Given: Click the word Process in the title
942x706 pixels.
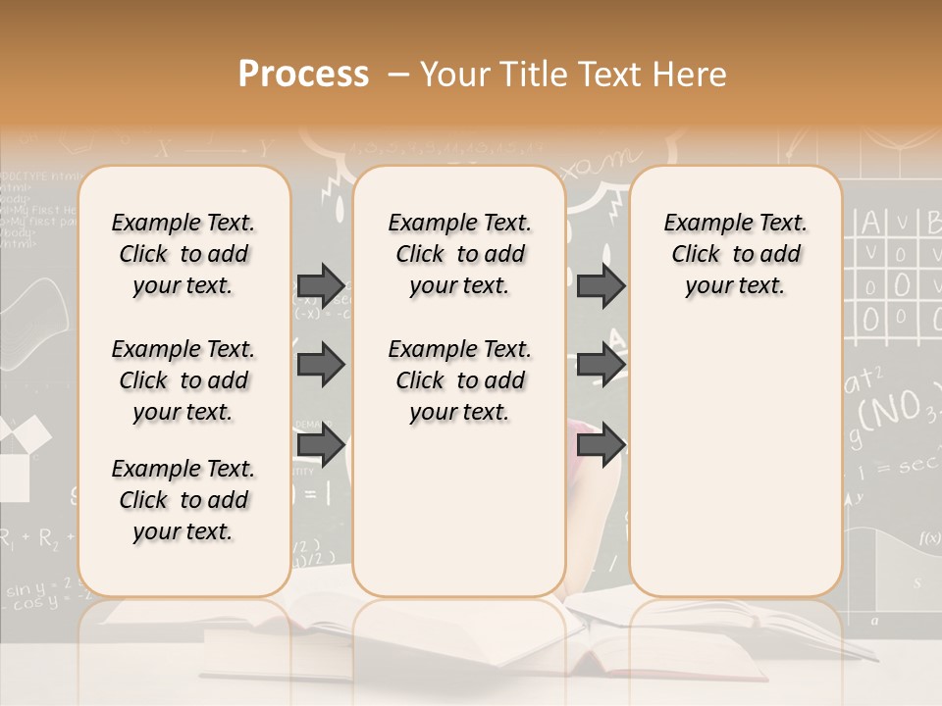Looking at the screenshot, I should click(303, 74).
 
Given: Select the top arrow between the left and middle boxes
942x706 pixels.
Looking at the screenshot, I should click(321, 285).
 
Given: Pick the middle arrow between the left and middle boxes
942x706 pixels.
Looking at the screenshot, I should click(321, 365).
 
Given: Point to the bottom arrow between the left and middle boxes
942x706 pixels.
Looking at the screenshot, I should click(321, 444).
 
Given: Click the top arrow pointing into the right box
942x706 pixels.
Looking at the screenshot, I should click(601, 285).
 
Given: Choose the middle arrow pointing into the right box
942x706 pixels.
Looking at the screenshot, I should click(601, 365).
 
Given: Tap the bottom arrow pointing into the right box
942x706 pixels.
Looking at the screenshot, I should click(601, 444).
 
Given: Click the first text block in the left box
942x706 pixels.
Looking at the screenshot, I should click(183, 254).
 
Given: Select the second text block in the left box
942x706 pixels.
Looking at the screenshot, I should click(183, 380).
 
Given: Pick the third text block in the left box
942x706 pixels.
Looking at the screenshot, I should click(183, 500).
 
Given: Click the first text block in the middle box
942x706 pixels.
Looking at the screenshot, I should click(460, 254).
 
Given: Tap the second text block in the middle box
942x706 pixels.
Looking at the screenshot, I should click(460, 380).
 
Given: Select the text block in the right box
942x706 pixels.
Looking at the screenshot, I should click(736, 254).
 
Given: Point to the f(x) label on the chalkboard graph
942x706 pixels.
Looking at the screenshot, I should click(929, 537).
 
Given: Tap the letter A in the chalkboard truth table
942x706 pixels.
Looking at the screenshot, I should click(870, 223).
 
